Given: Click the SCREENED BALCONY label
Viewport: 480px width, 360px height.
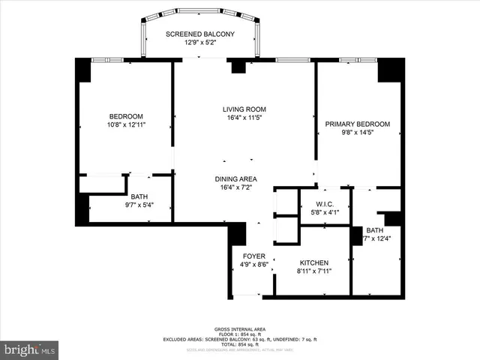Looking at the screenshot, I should click(x=200, y=34).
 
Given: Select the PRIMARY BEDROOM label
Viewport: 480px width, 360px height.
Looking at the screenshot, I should click(x=357, y=124).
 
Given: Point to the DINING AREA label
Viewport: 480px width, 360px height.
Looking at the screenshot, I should click(x=236, y=178).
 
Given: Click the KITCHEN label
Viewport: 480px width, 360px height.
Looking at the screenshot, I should click(x=313, y=262).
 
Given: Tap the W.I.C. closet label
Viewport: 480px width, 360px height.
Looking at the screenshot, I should click(x=324, y=204).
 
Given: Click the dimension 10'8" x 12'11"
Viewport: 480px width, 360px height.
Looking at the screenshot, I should click(x=126, y=124).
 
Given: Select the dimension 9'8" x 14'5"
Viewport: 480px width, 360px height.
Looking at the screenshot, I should click(x=357, y=133).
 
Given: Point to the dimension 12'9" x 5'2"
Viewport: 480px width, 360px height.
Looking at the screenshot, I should click(x=200, y=43).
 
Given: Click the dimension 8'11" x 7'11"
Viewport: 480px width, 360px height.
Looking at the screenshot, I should click(x=313, y=271).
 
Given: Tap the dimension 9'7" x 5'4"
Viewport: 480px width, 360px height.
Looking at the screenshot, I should click(x=140, y=204).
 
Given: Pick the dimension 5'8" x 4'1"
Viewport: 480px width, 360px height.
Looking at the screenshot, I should click(x=324, y=212).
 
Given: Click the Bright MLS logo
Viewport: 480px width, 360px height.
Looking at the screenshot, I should click(x=30, y=349).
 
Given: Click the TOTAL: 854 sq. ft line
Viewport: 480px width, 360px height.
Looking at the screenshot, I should click(x=240, y=344).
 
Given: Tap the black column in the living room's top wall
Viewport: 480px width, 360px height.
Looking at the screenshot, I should click(x=238, y=67).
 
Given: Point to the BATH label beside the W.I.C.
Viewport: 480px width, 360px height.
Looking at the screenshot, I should click(x=375, y=230).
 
